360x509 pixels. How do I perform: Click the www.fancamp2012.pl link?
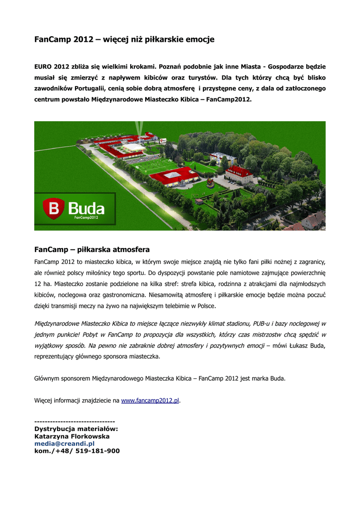point(150,400)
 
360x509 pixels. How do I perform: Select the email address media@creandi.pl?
point(64,443)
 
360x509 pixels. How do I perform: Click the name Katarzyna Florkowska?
point(72,436)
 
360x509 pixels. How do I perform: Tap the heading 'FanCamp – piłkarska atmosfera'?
point(92,249)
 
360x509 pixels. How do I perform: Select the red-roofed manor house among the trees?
point(239,174)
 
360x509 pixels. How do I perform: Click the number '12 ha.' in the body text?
point(43,284)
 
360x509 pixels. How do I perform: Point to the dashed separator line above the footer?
point(75,421)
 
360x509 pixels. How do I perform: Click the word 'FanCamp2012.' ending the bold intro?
point(229,99)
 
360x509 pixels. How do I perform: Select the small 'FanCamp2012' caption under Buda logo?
point(87,217)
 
